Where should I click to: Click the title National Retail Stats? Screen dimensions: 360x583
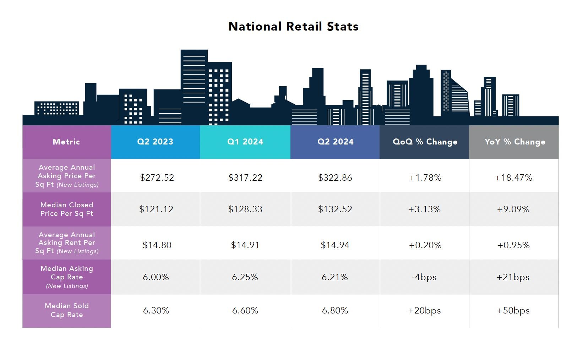293,27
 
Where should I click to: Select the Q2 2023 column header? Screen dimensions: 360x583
155,142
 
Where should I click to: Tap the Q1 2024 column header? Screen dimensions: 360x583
245,142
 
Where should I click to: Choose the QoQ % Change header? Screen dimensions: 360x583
425,142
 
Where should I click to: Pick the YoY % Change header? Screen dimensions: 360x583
514,142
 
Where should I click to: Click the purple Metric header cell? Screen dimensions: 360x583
66,142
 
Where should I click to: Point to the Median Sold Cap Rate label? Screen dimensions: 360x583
67,310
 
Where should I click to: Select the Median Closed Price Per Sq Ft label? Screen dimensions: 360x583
67,209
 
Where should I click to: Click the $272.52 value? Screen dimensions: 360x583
157,178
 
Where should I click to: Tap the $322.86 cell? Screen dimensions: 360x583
335,178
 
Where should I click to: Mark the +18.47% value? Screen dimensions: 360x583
513,178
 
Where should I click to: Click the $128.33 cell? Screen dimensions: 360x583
245,209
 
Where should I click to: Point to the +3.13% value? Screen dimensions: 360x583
424,209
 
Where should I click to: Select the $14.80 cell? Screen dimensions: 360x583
157,245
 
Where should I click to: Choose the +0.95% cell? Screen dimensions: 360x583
513,245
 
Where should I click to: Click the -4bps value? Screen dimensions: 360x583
424,277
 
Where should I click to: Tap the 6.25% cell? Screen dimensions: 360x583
245,277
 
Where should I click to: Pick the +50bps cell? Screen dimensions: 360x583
513,310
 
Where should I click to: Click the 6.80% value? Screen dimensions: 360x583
335,310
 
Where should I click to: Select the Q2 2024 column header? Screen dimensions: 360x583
335,142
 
